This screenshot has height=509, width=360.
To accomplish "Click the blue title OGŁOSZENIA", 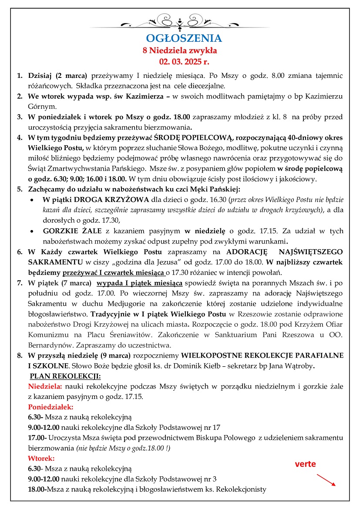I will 184,38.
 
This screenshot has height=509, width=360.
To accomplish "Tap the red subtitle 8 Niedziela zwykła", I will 180,50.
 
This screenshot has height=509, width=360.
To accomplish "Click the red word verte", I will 305,464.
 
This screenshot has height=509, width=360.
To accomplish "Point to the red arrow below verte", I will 326,479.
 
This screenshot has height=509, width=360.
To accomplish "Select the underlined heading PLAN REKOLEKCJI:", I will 65,375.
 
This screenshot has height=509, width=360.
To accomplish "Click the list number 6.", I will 20,252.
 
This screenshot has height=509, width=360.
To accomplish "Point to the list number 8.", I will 20,355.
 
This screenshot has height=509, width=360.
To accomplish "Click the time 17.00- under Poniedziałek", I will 36,437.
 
